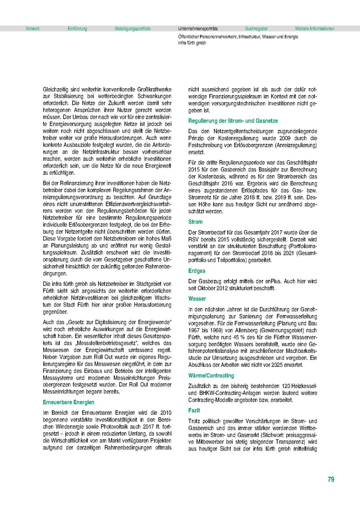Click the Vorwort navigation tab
[33, 29]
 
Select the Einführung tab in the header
[77, 29]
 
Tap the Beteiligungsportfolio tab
[132, 29]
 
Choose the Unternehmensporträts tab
[198, 29]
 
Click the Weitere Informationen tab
[315, 29]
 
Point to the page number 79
[331, 479]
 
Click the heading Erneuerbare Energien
[68, 402]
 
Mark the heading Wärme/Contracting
[211, 376]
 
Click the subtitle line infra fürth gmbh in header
[192, 43]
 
